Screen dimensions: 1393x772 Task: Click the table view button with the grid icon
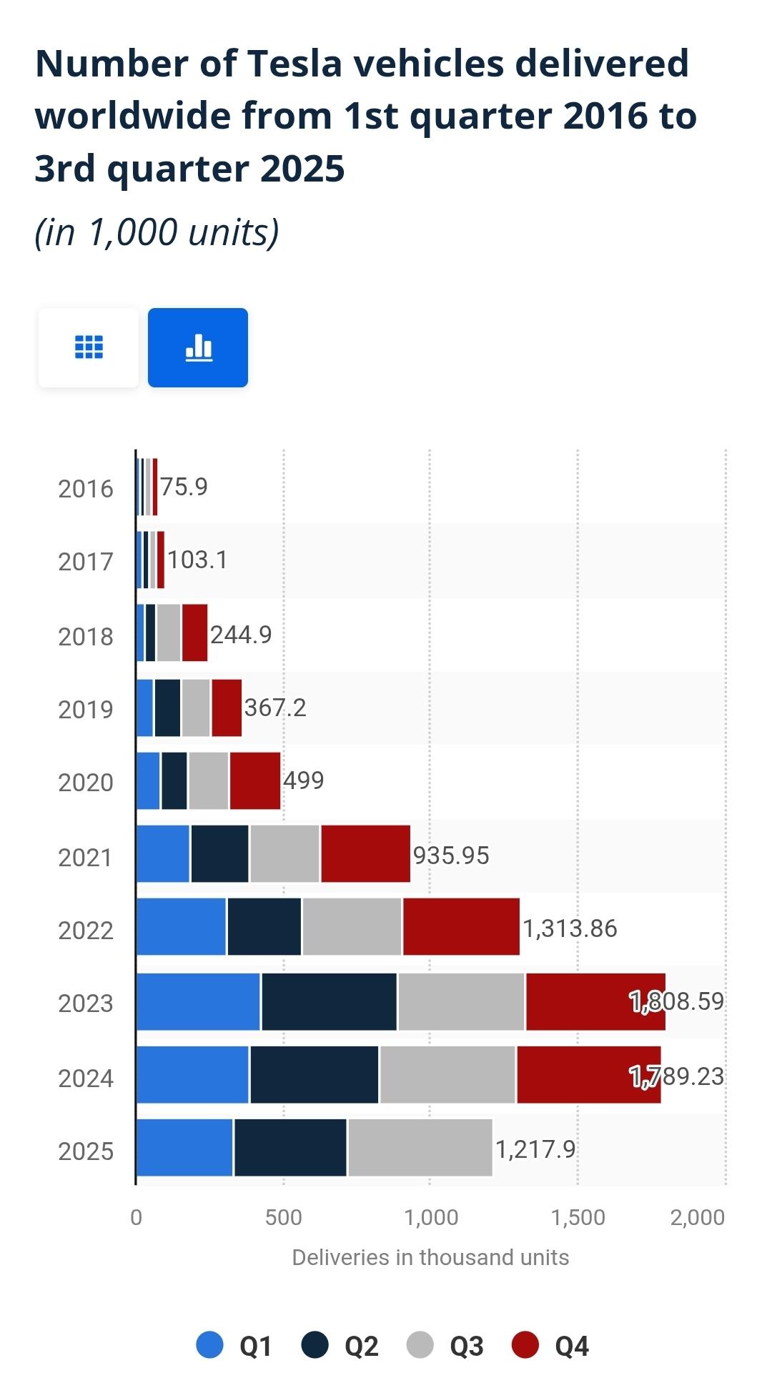tap(89, 347)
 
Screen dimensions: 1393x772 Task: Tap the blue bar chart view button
tap(198, 347)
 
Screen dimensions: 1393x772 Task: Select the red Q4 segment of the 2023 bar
tap(595, 1001)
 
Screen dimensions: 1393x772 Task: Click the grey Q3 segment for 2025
tap(420, 1147)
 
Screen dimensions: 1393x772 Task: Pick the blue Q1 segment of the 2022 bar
tap(181, 926)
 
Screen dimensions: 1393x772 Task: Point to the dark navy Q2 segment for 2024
tap(314, 1074)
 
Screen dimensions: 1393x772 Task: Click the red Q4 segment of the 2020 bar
tap(254, 780)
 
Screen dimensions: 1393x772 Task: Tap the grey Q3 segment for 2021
tap(284, 853)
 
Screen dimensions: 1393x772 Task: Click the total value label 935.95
tap(451, 856)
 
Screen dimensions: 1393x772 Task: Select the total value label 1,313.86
tap(570, 928)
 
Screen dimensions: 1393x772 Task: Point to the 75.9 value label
tap(184, 487)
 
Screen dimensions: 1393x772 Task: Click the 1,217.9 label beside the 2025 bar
tap(535, 1149)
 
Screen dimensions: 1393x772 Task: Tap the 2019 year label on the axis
tap(86, 710)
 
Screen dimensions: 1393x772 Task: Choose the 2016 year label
tap(86, 489)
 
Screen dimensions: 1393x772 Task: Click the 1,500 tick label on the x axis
tap(578, 1217)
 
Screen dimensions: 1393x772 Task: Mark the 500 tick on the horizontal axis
tap(284, 1217)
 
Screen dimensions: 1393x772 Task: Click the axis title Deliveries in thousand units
tap(430, 1257)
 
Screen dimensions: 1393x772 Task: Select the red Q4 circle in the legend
tap(525, 1345)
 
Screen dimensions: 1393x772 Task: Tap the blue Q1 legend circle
tap(209, 1345)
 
